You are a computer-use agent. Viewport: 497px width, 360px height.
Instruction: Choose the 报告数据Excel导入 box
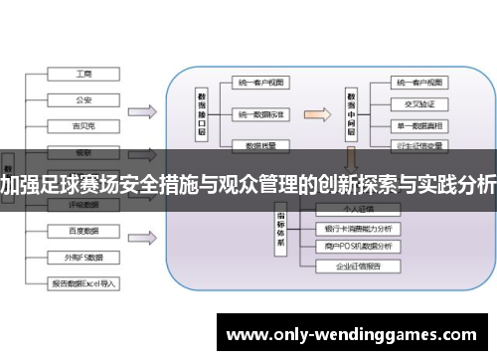click(x=83, y=282)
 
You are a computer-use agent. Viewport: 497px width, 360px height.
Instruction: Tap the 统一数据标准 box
click(x=261, y=115)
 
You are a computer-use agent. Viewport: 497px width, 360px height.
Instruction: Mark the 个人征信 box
click(x=359, y=211)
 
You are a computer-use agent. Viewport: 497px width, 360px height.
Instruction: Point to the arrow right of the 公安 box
click(x=140, y=108)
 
